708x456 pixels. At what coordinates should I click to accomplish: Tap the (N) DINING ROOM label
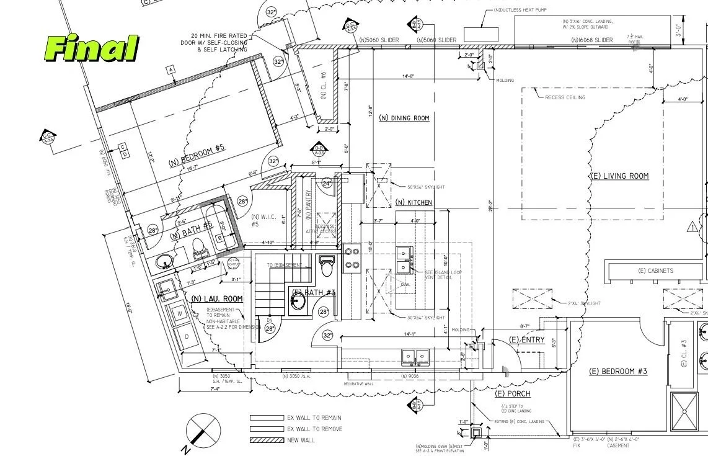pyautogui.click(x=404, y=118)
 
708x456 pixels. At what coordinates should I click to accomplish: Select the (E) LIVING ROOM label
pyautogui.click(x=619, y=176)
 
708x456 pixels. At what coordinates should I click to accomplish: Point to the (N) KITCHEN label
pyautogui.click(x=414, y=203)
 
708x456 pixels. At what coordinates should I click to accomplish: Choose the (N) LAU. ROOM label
pyautogui.click(x=217, y=299)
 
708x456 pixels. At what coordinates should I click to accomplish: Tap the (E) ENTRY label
pyautogui.click(x=526, y=340)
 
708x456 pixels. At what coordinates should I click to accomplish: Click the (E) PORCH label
pyautogui.click(x=513, y=394)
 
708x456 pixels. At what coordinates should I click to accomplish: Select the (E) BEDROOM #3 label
pyautogui.click(x=617, y=372)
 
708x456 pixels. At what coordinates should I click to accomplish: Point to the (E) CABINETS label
pyautogui.click(x=655, y=271)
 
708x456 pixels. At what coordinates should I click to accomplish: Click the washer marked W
pyautogui.click(x=180, y=313)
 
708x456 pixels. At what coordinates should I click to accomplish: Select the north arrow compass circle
pyautogui.click(x=203, y=429)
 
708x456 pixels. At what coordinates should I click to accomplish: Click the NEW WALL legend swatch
pyautogui.click(x=266, y=440)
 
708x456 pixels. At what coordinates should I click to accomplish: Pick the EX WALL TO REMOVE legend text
pyautogui.click(x=314, y=429)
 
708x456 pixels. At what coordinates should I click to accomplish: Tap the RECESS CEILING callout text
pyautogui.click(x=565, y=97)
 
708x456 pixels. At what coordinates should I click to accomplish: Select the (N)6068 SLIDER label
pyautogui.click(x=591, y=40)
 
